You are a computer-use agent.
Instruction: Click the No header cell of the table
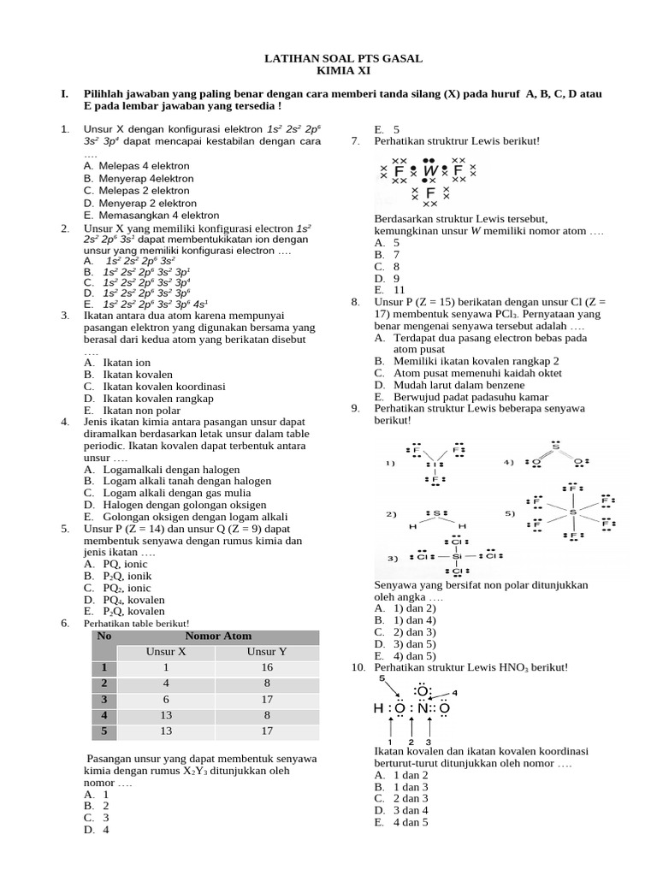coord(104,636)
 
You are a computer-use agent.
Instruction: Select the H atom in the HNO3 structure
coord(378,708)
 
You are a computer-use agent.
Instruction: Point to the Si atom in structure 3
coord(457,556)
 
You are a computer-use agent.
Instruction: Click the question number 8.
coord(355,303)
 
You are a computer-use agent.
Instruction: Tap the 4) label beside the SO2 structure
coord(508,463)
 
